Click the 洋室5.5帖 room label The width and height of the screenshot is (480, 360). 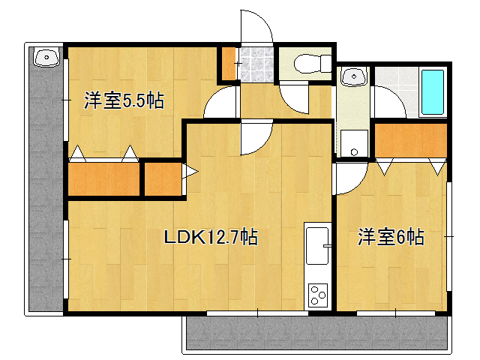[124, 100]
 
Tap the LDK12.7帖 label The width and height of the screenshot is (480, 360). [211, 237]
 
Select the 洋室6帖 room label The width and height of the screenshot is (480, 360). [391, 237]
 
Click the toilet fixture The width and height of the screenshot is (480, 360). [313, 64]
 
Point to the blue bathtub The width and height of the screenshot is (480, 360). [433, 92]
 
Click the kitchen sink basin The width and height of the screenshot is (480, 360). [317, 245]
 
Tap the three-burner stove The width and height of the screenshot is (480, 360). [318, 295]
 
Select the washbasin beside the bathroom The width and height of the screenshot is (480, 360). [354, 76]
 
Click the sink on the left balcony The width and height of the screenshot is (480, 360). [46, 57]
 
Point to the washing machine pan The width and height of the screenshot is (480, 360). [354, 143]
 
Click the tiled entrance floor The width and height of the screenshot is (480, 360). [256, 64]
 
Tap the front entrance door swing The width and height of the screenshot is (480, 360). [256, 28]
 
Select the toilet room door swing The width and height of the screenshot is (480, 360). [293, 98]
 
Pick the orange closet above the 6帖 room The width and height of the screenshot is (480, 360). [411, 140]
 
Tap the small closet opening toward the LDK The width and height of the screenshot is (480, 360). [163, 179]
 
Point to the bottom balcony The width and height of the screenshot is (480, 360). [316, 333]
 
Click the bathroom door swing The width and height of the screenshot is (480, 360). [388, 102]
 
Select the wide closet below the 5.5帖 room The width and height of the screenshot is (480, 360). [103, 179]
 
